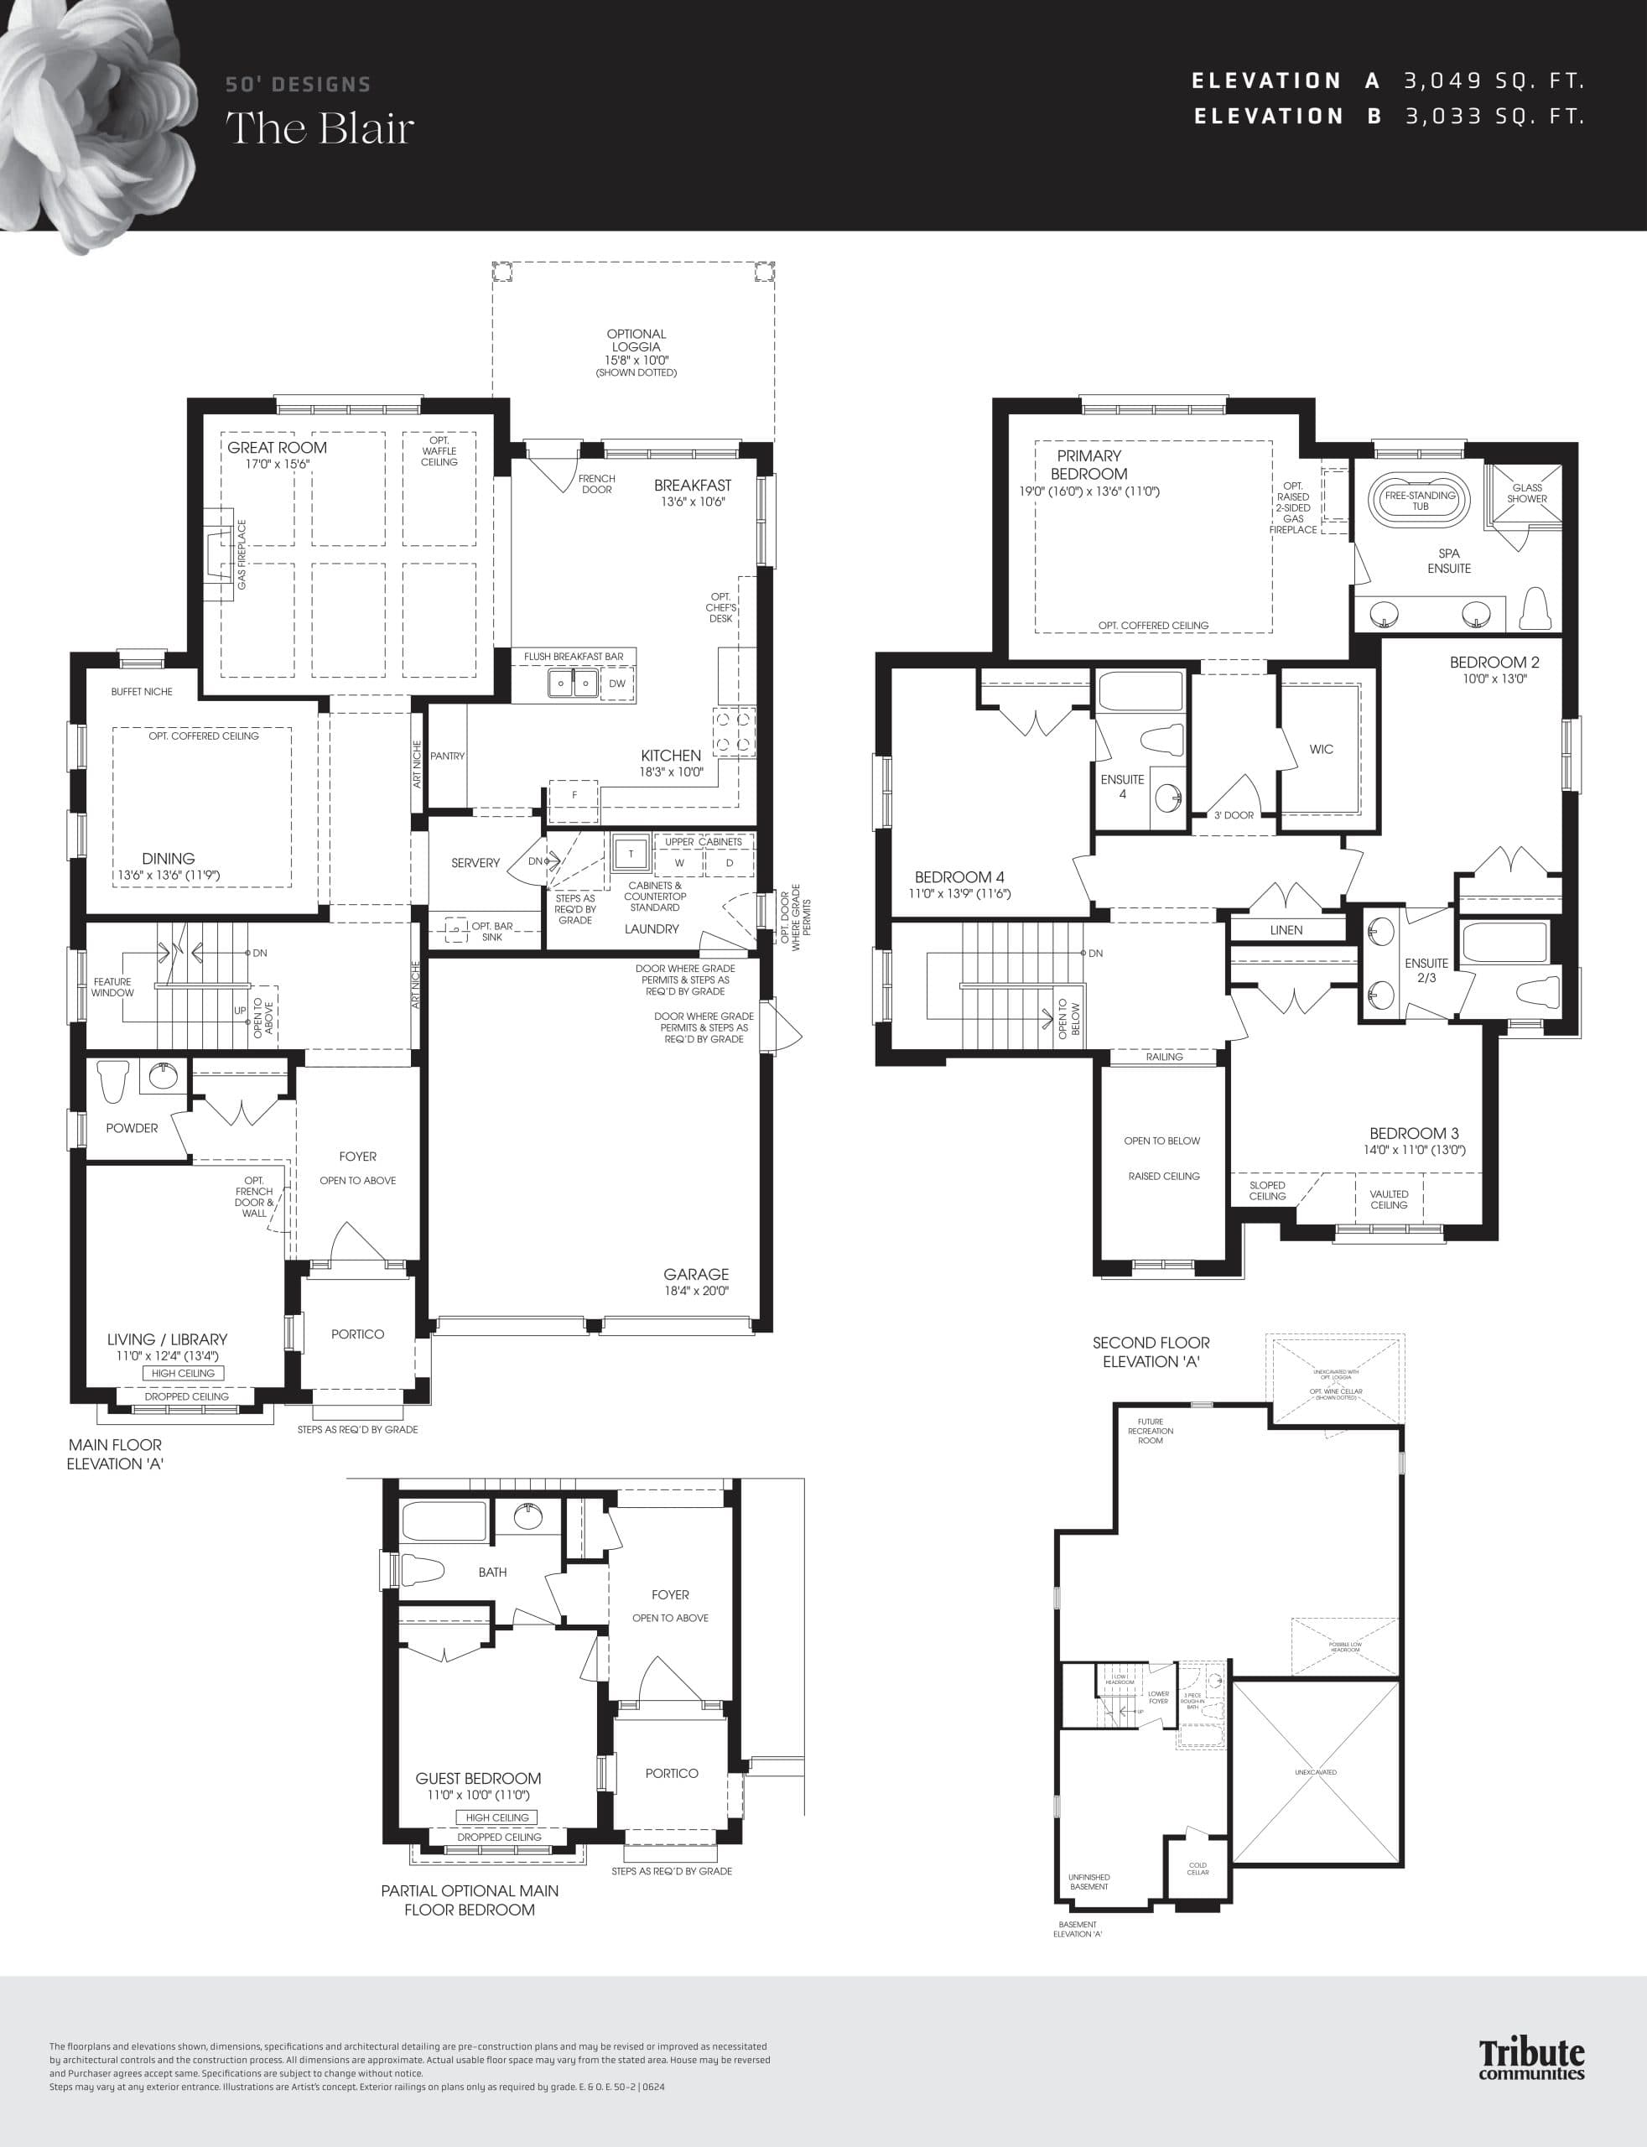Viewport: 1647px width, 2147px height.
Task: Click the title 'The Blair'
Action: click(x=320, y=128)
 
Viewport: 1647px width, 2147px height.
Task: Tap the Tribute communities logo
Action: click(x=1531, y=2058)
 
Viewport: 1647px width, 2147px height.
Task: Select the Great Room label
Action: click(x=278, y=448)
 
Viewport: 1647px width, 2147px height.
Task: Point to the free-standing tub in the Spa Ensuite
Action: click(x=1420, y=500)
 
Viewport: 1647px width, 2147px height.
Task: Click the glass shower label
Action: click(x=1526, y=493)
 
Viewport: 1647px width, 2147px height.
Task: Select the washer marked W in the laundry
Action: click(x=678, y=864)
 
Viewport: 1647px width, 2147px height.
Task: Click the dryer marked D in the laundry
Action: click(x=730, y=864)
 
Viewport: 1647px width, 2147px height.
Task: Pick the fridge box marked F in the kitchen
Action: click(x=574, y=795)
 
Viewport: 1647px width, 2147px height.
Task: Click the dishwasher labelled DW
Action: click(x=616, y=684)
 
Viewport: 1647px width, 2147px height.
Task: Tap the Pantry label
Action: click(x=447, y=756)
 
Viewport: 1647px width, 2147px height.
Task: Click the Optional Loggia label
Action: click(x=636, y=341)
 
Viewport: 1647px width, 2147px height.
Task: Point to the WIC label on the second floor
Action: click(x=1321, y=749)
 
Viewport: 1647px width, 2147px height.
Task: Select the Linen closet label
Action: click(x=1286, y=930)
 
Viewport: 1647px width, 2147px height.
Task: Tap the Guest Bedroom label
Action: click(x=477, y=1778)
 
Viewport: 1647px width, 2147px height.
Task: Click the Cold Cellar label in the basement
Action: click(x=1198, y=1869)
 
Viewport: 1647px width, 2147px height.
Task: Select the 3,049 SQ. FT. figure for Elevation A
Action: click(x=1494, y=81)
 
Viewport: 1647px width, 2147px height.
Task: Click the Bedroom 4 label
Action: click(x=959, y=877)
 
